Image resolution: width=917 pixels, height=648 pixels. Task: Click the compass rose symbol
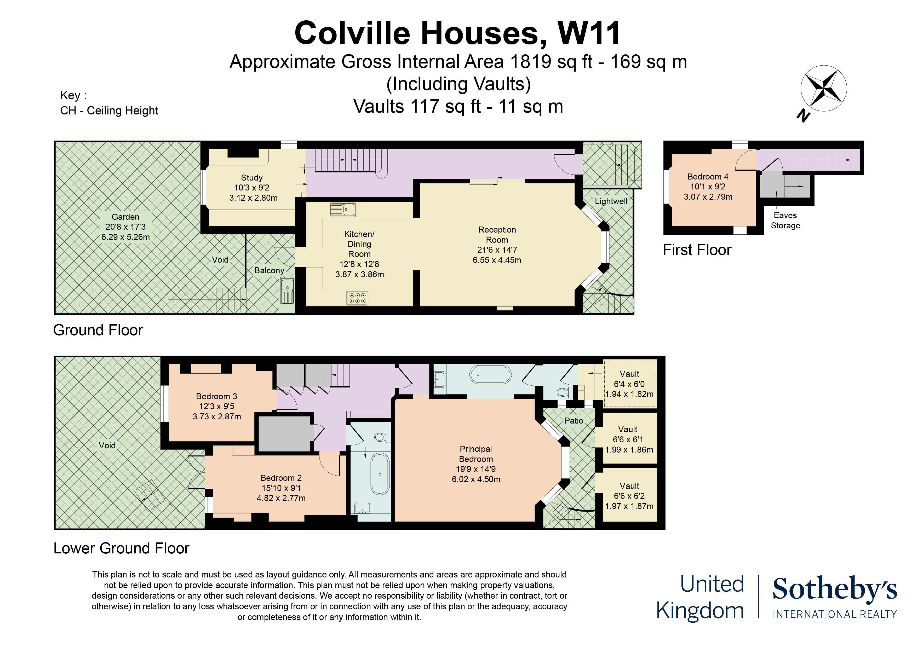pos(823,89)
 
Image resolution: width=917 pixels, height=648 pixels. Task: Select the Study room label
pos(252,178)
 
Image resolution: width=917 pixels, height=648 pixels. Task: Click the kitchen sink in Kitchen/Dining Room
pos(343,209)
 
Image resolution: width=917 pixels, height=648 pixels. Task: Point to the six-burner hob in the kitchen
pos(357,298)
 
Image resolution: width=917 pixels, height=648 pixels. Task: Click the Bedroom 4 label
pos(708,176)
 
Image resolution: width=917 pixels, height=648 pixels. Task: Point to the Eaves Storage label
pos(785,220)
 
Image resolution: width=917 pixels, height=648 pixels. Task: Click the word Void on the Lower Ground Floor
pos(107,445)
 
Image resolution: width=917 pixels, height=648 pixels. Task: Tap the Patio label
pos(574,420)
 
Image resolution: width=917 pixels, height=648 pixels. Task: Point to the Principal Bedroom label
pos(476,454)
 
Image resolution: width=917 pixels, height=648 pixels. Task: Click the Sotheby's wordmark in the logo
pos(835,589)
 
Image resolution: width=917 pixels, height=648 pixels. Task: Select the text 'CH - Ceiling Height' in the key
pos(109,111)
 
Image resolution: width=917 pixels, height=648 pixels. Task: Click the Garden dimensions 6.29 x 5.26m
pos(125,237)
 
